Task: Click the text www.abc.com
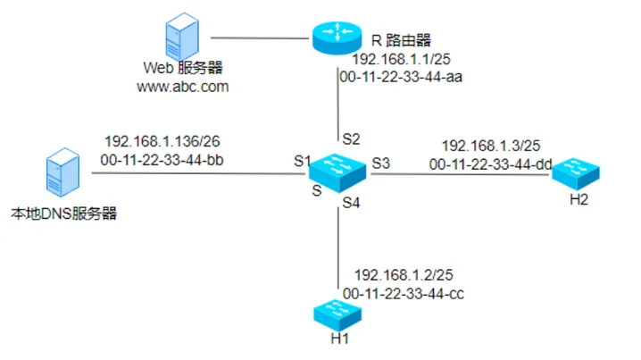pos(183,87)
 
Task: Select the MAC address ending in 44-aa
pos(402,77)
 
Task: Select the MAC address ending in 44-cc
pos(404,292)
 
